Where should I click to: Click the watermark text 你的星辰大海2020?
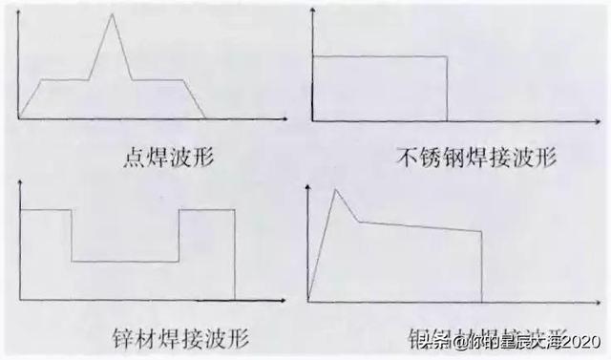525,340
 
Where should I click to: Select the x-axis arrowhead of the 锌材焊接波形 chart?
284,295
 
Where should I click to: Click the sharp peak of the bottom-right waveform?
334,190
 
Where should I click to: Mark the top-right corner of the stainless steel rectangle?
447,58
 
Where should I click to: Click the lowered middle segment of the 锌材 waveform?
125,261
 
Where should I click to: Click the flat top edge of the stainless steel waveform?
380,58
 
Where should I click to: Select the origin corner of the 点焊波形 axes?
19,117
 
